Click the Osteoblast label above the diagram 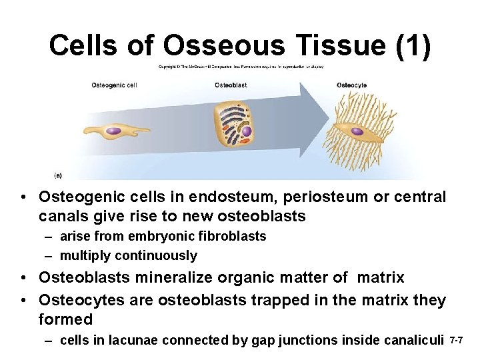pyautogui.click(x=231, y=85)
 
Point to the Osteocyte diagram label pyautogui.click(x=351, y=85)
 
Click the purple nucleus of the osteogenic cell pyautogui.click(x=113, y=131)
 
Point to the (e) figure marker pyautogui.click(x=58, y=175)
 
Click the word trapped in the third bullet pyautogui.click(x=275, y=301)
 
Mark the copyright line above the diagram pyautogui.click(x=241, y=67)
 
